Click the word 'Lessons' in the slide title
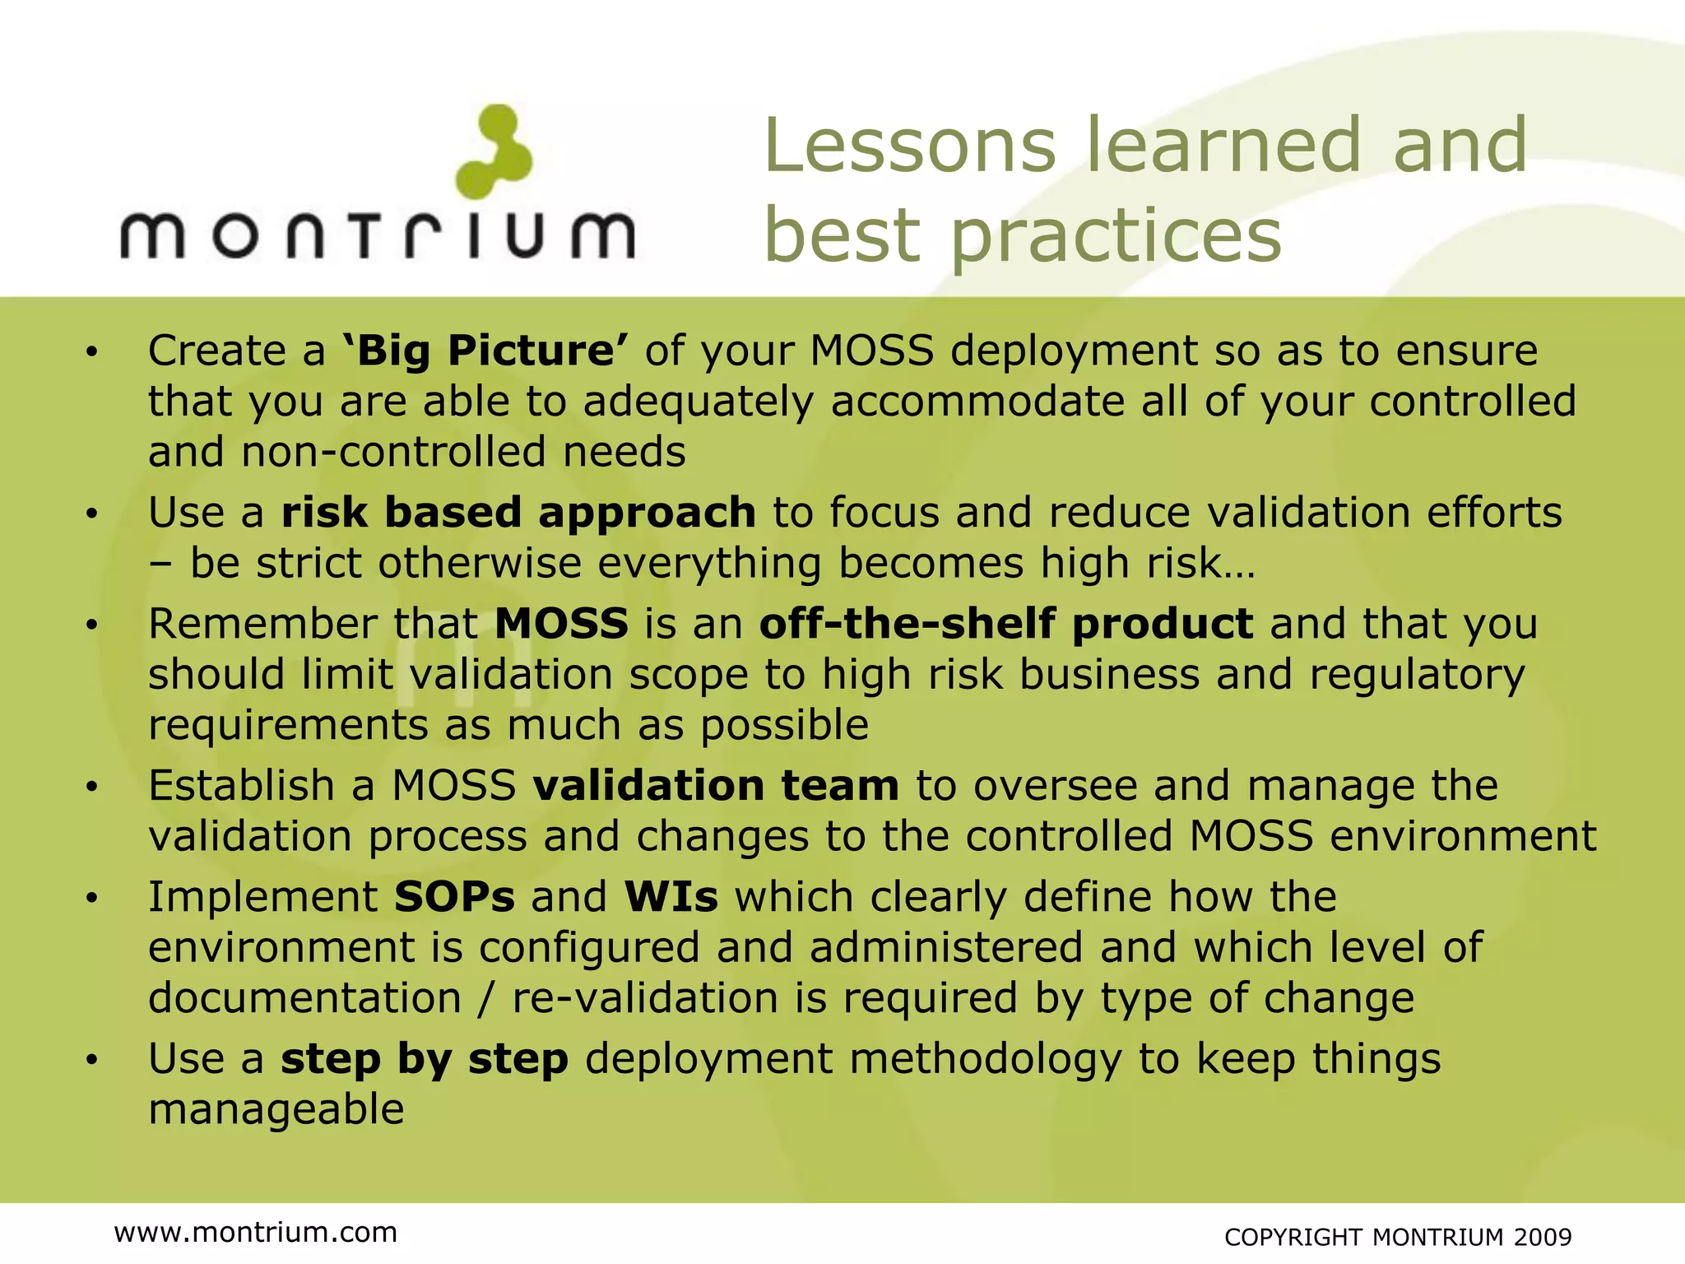point(909,146)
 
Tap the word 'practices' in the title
point(1116,236)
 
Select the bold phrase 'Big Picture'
point(485,351)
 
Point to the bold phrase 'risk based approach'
point(518,513)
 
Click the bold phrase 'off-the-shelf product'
point(1005,624)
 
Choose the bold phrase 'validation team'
point(716,785)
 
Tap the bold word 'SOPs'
point(454,897)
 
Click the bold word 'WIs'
point(671,897)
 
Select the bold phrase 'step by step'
point(425,1059)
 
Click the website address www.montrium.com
point(256,1232)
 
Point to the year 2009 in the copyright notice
point(1543,1237)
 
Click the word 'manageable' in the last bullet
point(276,1109)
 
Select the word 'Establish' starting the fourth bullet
point(241,785)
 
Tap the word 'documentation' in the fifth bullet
point(304,998)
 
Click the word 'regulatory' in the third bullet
point(1417,675)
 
